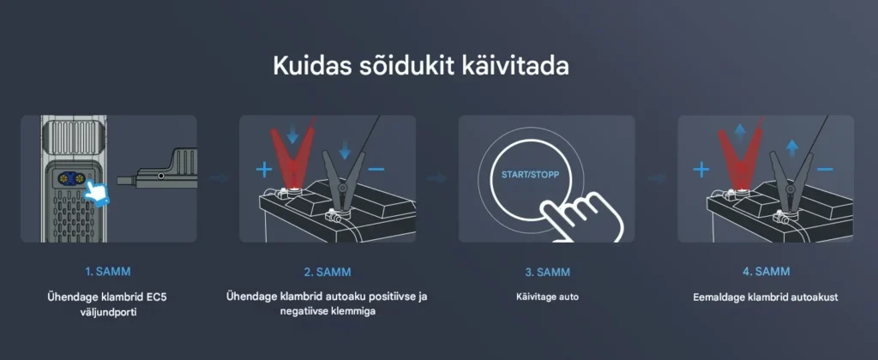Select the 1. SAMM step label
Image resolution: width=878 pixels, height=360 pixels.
tap(108, 272)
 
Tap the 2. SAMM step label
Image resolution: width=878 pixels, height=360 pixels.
tap(328, 272)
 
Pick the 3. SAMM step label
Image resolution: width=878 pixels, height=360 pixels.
tap(547, 272)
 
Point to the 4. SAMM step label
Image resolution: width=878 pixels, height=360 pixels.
tap(766, 272)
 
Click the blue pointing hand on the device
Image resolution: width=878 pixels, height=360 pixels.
tap(97, 193)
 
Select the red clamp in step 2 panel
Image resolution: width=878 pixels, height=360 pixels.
tap(292, 157)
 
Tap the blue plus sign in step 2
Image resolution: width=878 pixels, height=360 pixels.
tap(264, 169)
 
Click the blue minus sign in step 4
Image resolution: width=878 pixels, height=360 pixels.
tap(825, 169)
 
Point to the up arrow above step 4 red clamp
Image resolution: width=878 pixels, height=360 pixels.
tap(740, 135)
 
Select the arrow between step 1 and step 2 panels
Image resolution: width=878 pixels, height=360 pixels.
tap(219, 178)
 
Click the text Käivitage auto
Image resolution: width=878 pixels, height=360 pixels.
tap(547, 297)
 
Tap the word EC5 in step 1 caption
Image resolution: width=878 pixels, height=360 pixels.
tap(157, 297)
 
